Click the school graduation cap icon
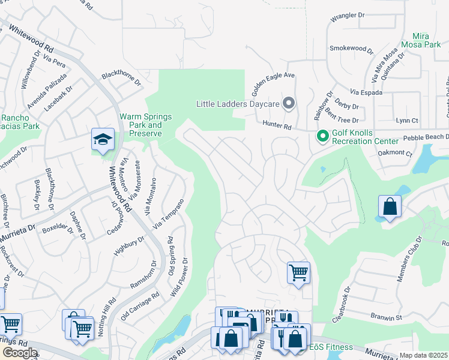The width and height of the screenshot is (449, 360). click(x=103, y=140)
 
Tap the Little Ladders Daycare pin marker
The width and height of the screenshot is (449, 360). click(x=289, y=104)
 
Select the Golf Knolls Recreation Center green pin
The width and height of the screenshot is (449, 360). click(x=322, y=137)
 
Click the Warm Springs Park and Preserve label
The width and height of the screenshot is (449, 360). click(x=146, y=125)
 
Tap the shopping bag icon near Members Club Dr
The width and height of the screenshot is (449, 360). click(x=390, y=207)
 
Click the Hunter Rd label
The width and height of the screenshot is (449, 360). click(x=277, y=125)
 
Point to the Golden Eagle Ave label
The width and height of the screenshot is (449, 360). click(x=273, y=84)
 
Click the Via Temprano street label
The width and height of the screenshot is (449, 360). click(x=167, y=213)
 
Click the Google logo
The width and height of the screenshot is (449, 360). click(x=20, y=352)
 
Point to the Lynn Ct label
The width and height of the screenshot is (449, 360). click(x=406, y=120)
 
